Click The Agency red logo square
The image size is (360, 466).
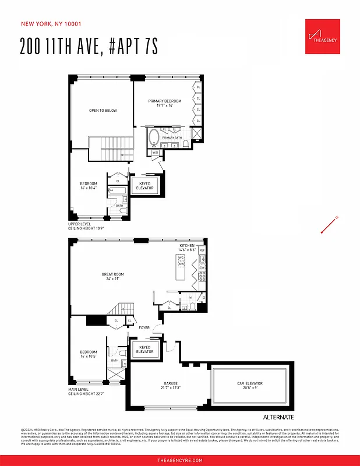pos(322,36)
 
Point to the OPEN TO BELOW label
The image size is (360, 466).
pos(103,110)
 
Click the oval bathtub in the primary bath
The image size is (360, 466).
pos(154,138)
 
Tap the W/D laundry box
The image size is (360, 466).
pos(155,153)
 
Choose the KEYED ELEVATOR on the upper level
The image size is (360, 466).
pos(144,186)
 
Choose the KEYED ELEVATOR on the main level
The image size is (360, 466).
pos(144,349)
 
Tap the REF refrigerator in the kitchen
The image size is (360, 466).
pos(202,251)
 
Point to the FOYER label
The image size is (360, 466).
pos(144,329)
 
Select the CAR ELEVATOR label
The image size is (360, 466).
pos(249,384)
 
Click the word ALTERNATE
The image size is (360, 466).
pos(278,418)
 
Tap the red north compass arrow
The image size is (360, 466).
pos(330,225)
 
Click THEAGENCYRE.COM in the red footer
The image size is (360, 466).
pos(180,460)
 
